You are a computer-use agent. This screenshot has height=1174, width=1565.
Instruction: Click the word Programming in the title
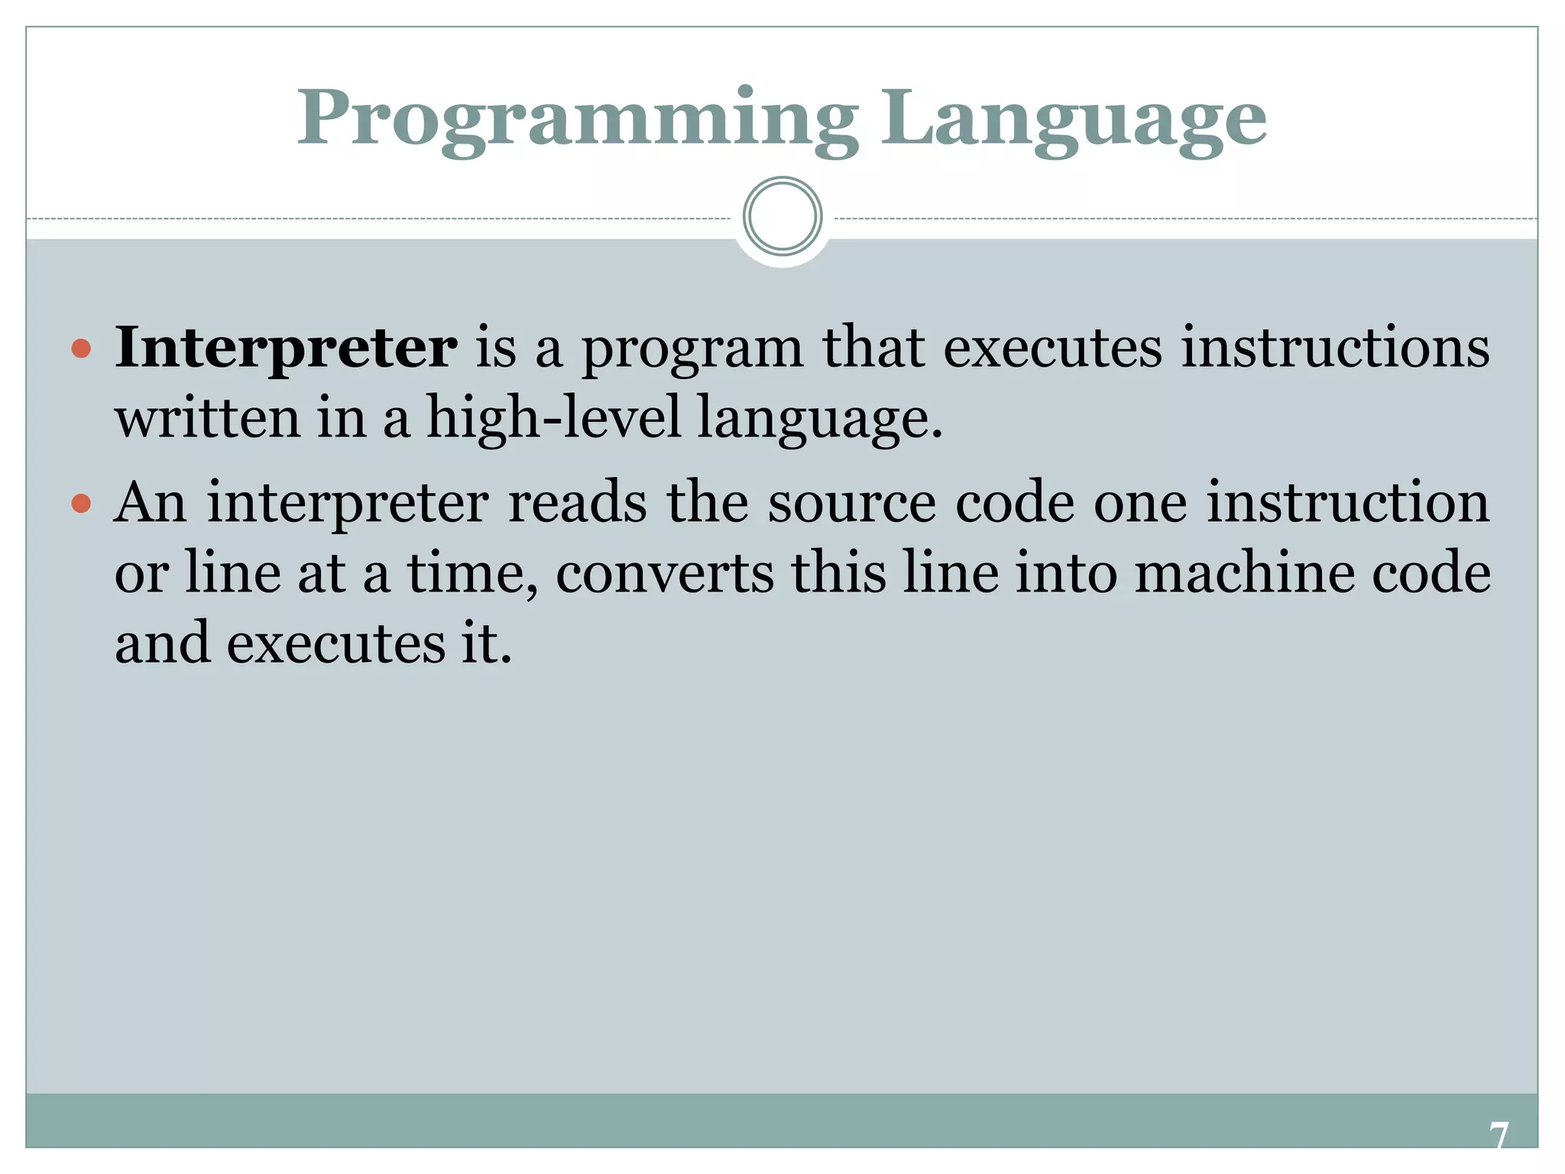point(577,120)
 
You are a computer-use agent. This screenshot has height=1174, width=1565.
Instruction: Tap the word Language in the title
point(1074,120)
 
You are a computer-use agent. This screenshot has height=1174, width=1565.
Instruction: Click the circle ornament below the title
point(782,216)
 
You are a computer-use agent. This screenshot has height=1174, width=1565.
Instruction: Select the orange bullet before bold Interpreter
point(81,350)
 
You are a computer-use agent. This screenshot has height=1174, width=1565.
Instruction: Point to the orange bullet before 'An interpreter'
point(81,504)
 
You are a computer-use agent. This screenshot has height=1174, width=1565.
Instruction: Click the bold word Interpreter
point(286,349)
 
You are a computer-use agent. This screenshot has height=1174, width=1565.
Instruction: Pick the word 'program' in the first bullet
point(692,350)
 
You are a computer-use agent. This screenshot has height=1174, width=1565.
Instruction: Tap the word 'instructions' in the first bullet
point(1335,349)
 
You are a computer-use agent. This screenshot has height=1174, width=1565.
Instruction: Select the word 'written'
point(208,419)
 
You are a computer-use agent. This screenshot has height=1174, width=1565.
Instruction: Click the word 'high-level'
point(553,419)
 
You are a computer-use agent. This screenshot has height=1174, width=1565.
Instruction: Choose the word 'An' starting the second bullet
point(151,503)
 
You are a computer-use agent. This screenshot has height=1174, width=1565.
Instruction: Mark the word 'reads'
point(577,503)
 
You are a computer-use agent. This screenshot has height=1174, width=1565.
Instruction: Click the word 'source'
point(851,504)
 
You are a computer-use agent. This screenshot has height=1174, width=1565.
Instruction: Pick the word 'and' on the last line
point(162,644)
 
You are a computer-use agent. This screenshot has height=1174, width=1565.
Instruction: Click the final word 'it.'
point(486,644)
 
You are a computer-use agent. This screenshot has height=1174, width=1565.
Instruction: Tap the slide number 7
point(1499,1136)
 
